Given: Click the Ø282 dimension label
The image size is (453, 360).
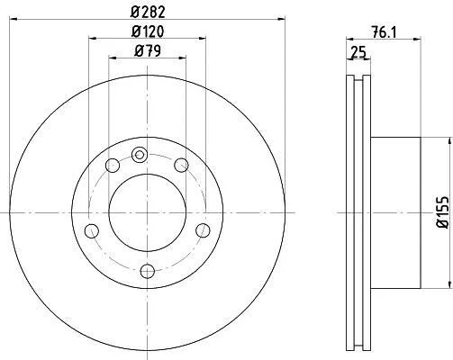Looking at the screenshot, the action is point(148,12).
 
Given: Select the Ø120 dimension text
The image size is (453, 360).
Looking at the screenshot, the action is point(148,31).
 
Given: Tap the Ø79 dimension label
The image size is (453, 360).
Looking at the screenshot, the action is point(148,50).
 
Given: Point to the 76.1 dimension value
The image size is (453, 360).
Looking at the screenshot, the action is point(384,31).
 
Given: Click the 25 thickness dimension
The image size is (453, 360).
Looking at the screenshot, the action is point(358,52).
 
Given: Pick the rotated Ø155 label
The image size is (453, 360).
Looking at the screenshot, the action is point(443,212).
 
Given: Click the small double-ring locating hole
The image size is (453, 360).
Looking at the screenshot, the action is point(140,155).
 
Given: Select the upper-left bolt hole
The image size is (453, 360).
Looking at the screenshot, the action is point(113,166).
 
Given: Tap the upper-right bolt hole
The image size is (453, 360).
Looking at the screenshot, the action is point(181,166).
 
